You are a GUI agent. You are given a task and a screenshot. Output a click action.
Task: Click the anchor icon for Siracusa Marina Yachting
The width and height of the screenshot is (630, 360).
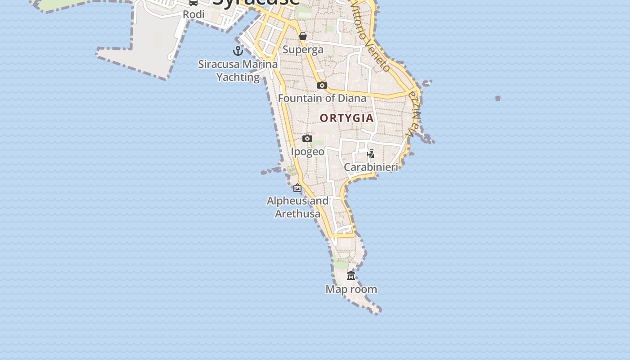(238, 50)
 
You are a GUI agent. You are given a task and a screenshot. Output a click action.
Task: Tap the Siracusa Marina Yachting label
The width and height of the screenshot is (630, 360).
(238, 71)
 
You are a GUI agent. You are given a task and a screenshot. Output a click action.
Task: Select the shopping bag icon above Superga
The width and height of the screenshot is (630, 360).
(303, 36)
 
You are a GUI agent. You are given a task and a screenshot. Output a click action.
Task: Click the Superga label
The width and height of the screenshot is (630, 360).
(303, 49)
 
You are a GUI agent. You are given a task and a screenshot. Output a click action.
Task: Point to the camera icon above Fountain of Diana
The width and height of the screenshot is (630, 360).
(322, 85)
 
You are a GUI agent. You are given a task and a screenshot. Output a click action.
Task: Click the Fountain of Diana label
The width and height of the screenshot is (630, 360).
(322, 98)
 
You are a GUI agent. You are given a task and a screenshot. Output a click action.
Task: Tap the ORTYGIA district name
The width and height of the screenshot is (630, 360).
(346, 118)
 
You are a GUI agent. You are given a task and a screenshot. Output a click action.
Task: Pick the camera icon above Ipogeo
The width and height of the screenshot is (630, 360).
(307, 138)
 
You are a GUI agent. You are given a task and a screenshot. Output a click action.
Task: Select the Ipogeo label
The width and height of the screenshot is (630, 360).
(307, 152)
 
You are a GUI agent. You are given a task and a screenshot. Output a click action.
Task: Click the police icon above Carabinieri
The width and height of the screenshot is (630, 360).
(371, 154)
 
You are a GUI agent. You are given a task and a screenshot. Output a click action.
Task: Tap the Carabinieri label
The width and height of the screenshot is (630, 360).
(371, 167)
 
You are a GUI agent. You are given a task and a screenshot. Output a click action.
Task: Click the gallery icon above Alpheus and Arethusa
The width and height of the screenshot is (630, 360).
(297, 188)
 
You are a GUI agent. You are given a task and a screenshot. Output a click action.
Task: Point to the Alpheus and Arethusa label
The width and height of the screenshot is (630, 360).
(297, 207)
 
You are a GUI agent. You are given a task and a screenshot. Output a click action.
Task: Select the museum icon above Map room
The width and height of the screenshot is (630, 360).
(351, 275)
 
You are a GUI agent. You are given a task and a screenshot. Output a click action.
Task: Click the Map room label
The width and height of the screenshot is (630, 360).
(351, 289)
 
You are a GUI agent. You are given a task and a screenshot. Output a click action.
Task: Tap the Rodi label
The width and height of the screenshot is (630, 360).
(193, 14)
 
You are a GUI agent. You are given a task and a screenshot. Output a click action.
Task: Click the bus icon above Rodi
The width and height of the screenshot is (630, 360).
(193, 2)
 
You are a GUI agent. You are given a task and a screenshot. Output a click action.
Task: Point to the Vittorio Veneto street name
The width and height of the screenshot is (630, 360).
(370, 36)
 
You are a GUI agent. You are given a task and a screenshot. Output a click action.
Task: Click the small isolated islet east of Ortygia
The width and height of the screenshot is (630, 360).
(498, 98)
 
